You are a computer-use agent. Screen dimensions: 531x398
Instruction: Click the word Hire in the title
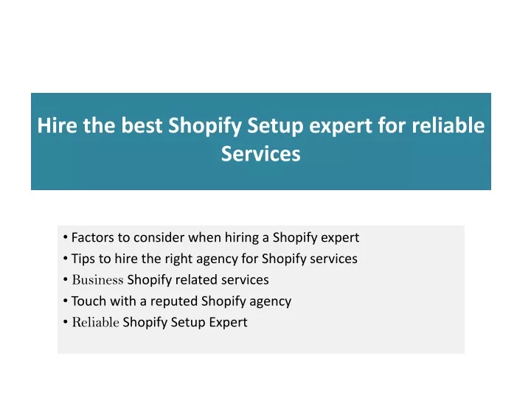click(x=58, y=125)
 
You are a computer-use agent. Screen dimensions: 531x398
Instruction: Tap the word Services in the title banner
click(x=261, y=153)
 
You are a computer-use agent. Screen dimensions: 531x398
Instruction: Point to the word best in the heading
click(x=142, y=125)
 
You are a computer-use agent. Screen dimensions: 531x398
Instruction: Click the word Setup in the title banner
click(x=275, y=126)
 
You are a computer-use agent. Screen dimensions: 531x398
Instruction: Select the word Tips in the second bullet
click(x=83, y=259)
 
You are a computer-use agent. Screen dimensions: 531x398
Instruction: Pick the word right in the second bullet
click(x=178, y=259)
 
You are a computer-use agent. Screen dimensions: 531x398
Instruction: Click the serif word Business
click(x=97, y=280)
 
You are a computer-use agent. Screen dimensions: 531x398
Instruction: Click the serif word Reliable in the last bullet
click(x=95, y=322)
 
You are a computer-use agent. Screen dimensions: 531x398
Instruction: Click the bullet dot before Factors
click(x=66, y=237)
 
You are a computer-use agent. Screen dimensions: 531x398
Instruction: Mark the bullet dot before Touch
click(x=66, y=301)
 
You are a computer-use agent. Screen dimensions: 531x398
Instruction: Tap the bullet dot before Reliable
click(x=66, y=322)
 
